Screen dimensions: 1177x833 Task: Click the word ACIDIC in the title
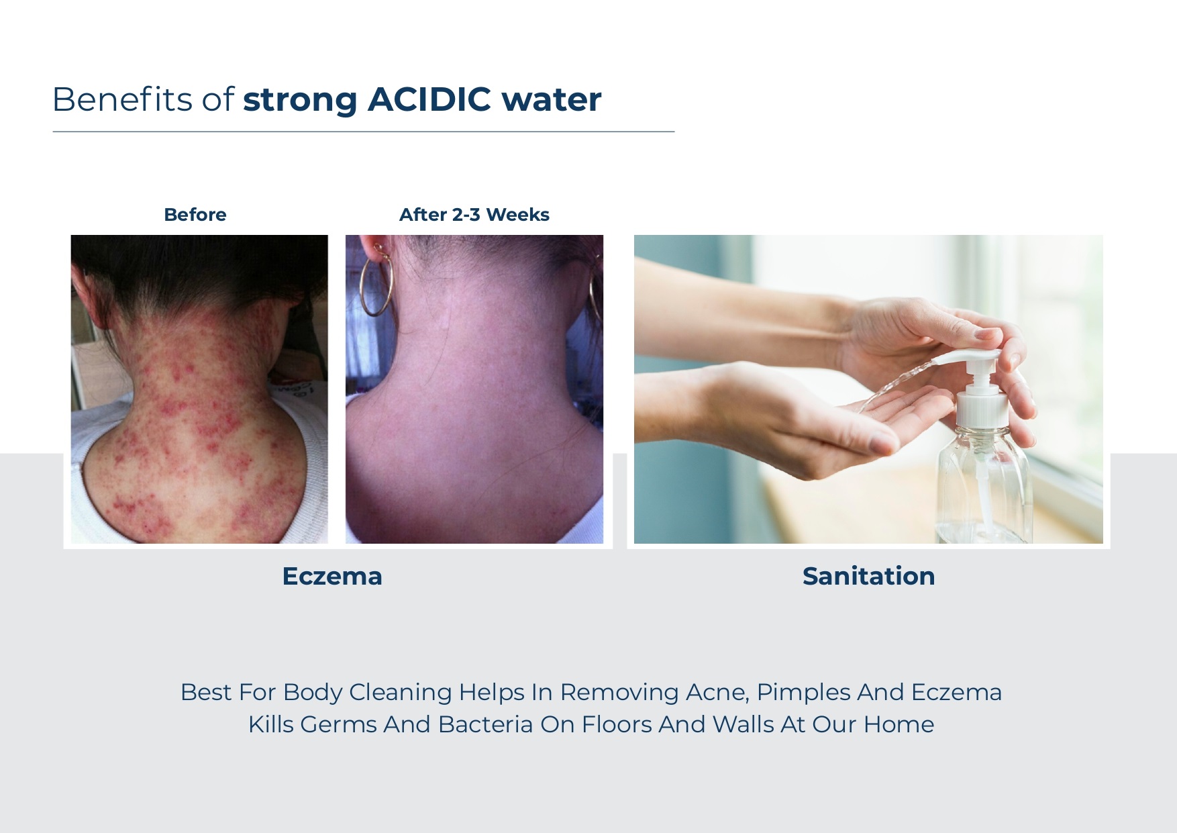coord(429,99)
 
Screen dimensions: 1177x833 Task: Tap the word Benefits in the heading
coord(122,99)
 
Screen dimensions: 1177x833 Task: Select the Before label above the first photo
coord(195,215)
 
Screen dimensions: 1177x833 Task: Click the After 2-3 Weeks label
coord(474,215)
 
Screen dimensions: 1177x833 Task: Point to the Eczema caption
coord(332,576)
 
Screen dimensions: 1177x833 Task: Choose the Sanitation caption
coord(868,576)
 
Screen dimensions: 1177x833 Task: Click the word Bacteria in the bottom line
coord(485,724)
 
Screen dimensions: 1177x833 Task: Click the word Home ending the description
coord(899,724)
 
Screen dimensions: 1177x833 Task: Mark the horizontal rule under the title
coord(364,132)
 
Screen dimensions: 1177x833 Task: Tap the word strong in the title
coord(300,101)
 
